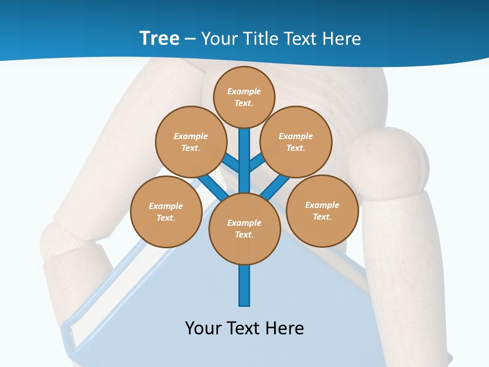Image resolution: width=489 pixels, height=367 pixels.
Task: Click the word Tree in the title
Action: pos(159,38)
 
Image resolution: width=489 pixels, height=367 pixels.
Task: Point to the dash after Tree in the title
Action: pos(191,39)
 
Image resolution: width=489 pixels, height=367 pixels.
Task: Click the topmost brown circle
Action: pos(244,97)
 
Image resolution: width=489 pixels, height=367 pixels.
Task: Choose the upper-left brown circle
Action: pos(191,142)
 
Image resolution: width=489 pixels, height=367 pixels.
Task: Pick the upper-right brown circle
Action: pos(296,142)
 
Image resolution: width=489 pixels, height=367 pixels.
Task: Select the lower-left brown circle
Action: pos(166,212)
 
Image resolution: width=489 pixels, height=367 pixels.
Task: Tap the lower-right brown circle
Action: pos(322,211)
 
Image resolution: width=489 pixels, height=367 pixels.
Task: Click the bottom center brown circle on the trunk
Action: pos(244,229)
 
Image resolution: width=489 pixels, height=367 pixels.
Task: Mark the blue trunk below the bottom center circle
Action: pos(244,285)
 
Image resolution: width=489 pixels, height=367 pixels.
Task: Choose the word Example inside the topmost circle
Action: pos(244,91)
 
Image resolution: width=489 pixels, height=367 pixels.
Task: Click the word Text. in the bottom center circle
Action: pos(244,235)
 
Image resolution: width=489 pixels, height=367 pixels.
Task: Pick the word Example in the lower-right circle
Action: pos(322,205)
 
